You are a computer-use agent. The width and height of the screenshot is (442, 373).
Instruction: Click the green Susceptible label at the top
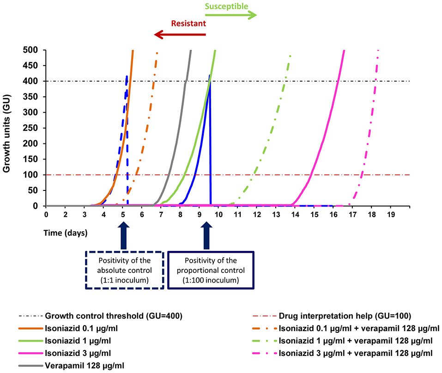226,6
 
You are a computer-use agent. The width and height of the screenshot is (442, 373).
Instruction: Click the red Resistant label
188,23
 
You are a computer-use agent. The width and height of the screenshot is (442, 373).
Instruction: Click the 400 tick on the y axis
35,81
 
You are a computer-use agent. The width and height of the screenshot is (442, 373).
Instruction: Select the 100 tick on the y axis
35,175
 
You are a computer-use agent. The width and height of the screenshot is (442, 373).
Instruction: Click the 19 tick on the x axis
391,215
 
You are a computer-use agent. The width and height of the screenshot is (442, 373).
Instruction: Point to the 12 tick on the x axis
256,215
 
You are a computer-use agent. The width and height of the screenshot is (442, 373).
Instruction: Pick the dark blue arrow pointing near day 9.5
207,235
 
